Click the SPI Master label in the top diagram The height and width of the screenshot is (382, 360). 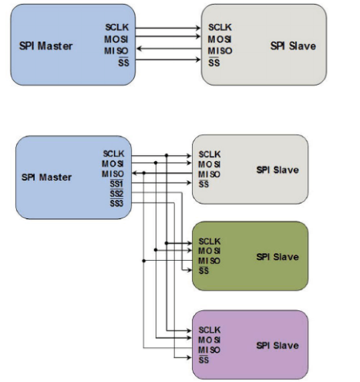[45, 46]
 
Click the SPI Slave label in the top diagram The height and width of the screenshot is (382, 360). [293, 46]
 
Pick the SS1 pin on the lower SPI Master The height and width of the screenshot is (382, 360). [116, 184]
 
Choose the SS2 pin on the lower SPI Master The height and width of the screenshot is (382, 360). [116, 194]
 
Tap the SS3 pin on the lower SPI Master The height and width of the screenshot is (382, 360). [116, 203]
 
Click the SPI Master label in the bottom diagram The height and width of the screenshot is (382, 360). [46, 177]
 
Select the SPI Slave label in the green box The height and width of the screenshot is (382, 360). [278, 256]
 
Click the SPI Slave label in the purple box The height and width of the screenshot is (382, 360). [278, 345]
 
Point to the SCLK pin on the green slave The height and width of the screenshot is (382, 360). [210, 241]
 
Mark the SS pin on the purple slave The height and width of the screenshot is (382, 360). [204, 360]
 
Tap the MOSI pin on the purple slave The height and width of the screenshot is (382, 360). [210, 340]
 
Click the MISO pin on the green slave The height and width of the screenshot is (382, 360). [210, 261]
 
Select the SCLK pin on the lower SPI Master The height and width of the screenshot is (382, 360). [113, 153]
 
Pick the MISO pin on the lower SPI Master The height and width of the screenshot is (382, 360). [113, 174]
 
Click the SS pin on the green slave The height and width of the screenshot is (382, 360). [204, 271]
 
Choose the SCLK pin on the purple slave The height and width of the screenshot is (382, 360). [210, 330]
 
